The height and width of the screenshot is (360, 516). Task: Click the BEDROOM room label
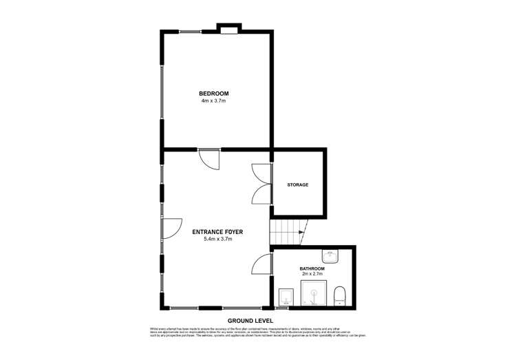click(x=213, y=94)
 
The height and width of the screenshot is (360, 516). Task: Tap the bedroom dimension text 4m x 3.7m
click(x=213, y=101)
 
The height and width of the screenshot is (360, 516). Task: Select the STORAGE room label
click(x=297, y=185)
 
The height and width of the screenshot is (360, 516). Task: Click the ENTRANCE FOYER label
click(x=218, y=233)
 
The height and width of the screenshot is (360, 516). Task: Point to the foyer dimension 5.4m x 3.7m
click(x=218, y=240)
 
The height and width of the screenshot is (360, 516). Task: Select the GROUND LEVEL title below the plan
click(x=250, y=320)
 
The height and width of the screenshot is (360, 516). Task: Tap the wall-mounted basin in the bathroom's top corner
click(x=332, y=255)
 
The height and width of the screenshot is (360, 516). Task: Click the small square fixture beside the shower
click(x=286, y=297)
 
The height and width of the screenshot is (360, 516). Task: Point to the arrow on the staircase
click(x=301, y=233)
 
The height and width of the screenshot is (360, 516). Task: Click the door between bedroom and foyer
click(x=208, y=159)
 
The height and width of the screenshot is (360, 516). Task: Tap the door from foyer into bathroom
click(x=261, y=264)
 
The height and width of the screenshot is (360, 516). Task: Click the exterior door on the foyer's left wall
click(x=171, y=229)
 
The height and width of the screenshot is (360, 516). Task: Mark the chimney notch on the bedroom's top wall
click(x=229, y=29)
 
